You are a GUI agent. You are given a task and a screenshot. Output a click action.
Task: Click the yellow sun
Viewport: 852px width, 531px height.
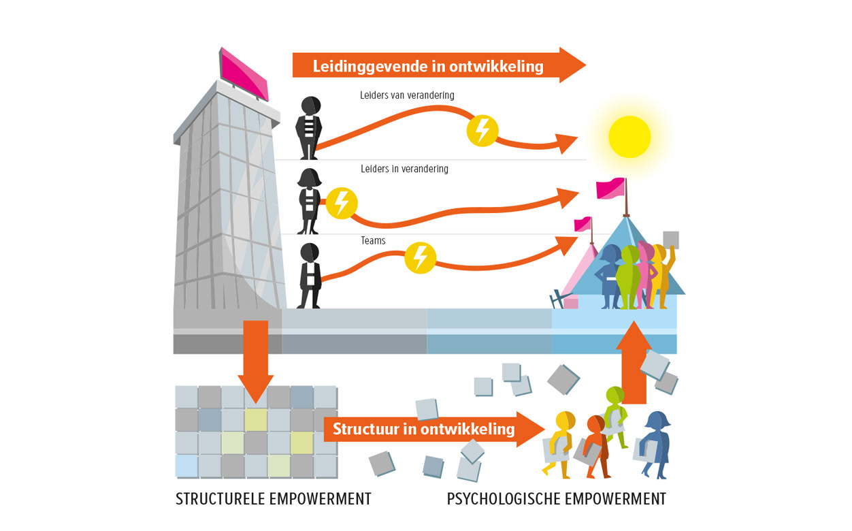(x=629, y=137)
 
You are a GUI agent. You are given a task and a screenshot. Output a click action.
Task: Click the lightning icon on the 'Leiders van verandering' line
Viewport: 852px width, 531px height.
(x=482, y=129)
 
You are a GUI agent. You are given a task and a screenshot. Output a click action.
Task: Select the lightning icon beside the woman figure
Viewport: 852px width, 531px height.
(x=342, y=203)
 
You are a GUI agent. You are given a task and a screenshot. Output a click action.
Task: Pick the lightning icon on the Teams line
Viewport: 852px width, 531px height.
(x=421, y=258)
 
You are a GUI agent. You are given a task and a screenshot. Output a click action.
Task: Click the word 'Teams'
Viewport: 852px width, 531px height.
(x=373, y=240)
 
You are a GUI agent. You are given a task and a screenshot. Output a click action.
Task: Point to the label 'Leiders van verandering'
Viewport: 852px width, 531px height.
(x=407, y=95)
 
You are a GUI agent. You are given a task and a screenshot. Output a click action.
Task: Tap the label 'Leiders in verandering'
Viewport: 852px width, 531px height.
(x=404, y=169)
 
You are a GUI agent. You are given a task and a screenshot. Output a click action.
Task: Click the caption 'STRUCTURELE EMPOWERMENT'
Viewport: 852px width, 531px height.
(x=274, y=499)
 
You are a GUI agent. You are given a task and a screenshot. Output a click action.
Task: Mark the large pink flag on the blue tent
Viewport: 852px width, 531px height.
(x=610, y=188)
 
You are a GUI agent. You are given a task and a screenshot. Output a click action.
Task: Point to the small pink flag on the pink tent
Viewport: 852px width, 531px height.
(x=583, y=224)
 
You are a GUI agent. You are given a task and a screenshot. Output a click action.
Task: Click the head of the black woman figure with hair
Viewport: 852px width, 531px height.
(x=311, y=178)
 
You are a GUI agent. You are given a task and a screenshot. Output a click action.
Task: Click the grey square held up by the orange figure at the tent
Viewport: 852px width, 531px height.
(x=671, y=240)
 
